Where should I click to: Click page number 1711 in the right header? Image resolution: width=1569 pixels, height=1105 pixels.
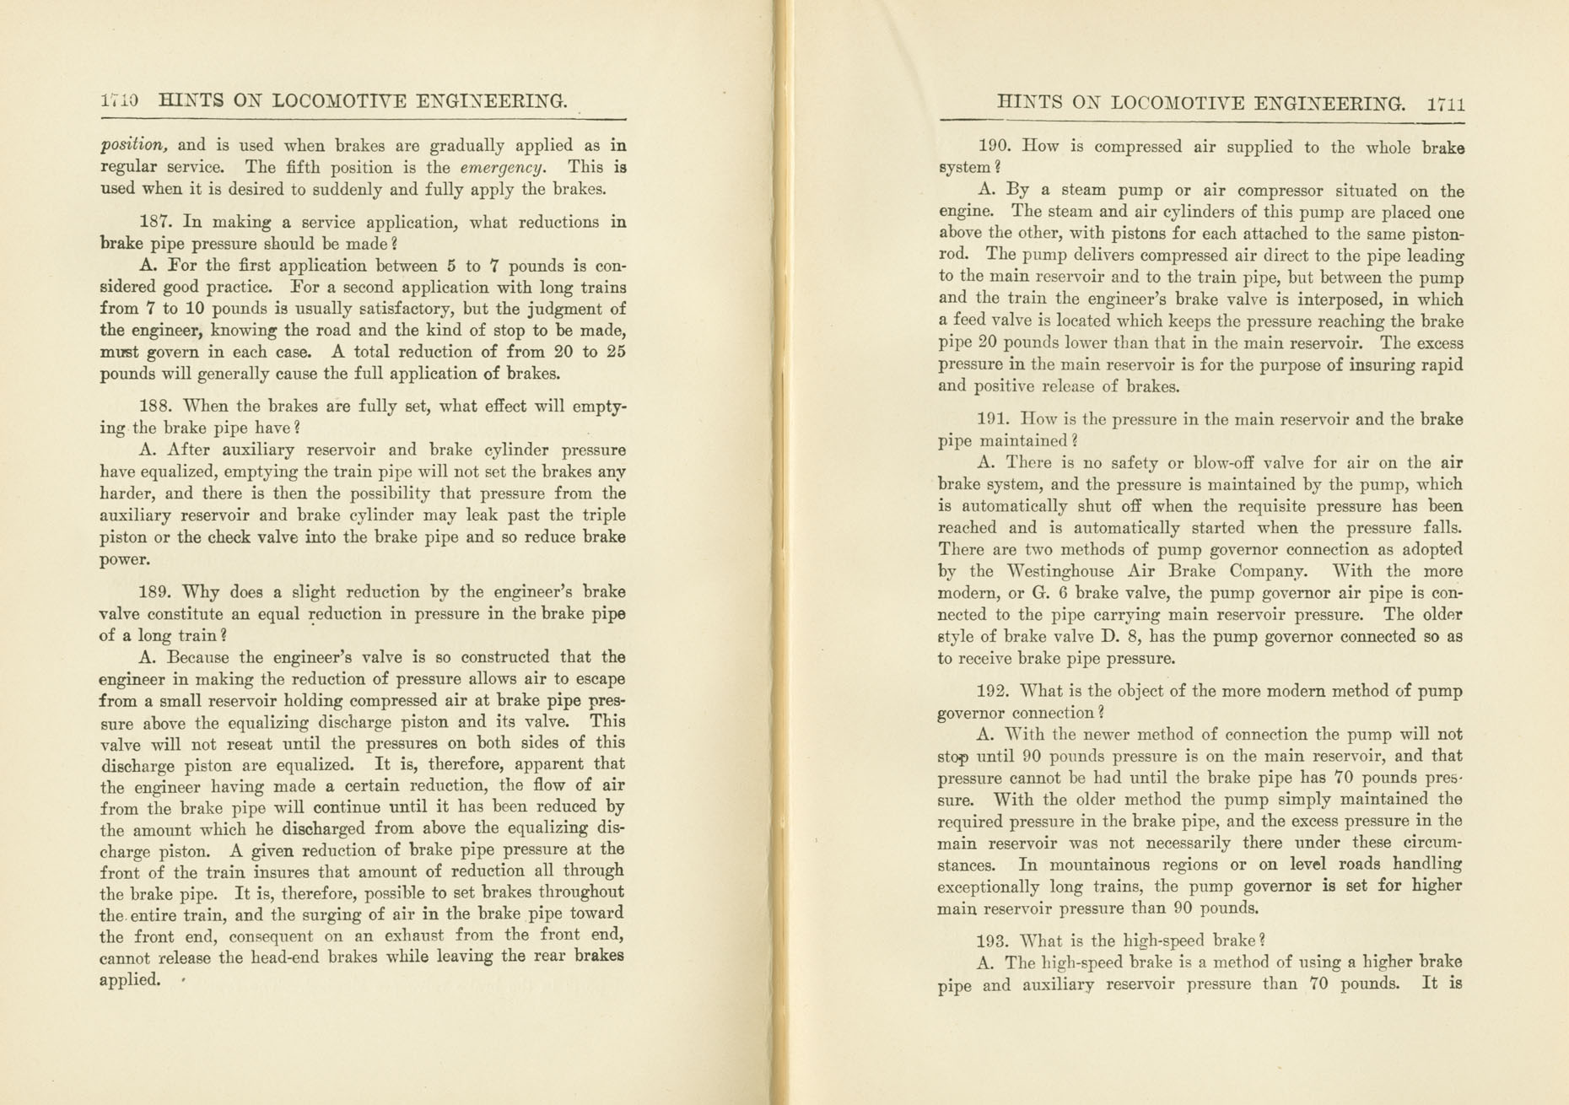(x=1446, y=105)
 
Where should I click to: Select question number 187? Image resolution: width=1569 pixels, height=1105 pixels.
(x=154, y=223)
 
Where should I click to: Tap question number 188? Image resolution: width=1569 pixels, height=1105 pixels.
(x=154, y=407)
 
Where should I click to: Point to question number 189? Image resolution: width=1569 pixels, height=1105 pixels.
(x=154, y=592)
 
